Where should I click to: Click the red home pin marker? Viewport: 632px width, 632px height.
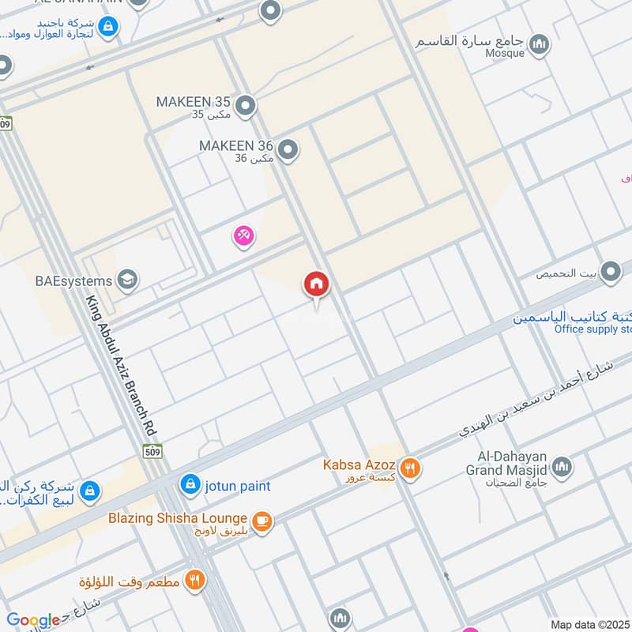(x=317, y=284)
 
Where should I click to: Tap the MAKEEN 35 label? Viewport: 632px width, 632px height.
(x=193, y=102)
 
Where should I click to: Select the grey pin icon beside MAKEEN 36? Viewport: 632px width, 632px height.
(x=288, y=149)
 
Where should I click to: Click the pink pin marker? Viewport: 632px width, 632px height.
(x=243, y=235)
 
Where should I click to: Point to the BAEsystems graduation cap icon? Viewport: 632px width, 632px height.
(x=126, y=279)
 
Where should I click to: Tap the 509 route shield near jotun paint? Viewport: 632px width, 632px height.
(x=152, y=451)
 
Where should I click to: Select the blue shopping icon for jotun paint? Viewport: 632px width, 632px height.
(x=190, y=484)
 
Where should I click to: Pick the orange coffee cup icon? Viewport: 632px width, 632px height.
(x=262, y=521)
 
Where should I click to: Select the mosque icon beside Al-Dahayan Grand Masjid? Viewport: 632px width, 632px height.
(x=562, y=466)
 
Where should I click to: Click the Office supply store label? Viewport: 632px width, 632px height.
(x=592, y=329)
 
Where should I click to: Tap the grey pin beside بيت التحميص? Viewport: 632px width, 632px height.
(x=610, y=273)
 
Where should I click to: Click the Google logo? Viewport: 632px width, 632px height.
(x=33, y=620)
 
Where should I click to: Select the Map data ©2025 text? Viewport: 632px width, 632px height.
(x=589, y=624)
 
